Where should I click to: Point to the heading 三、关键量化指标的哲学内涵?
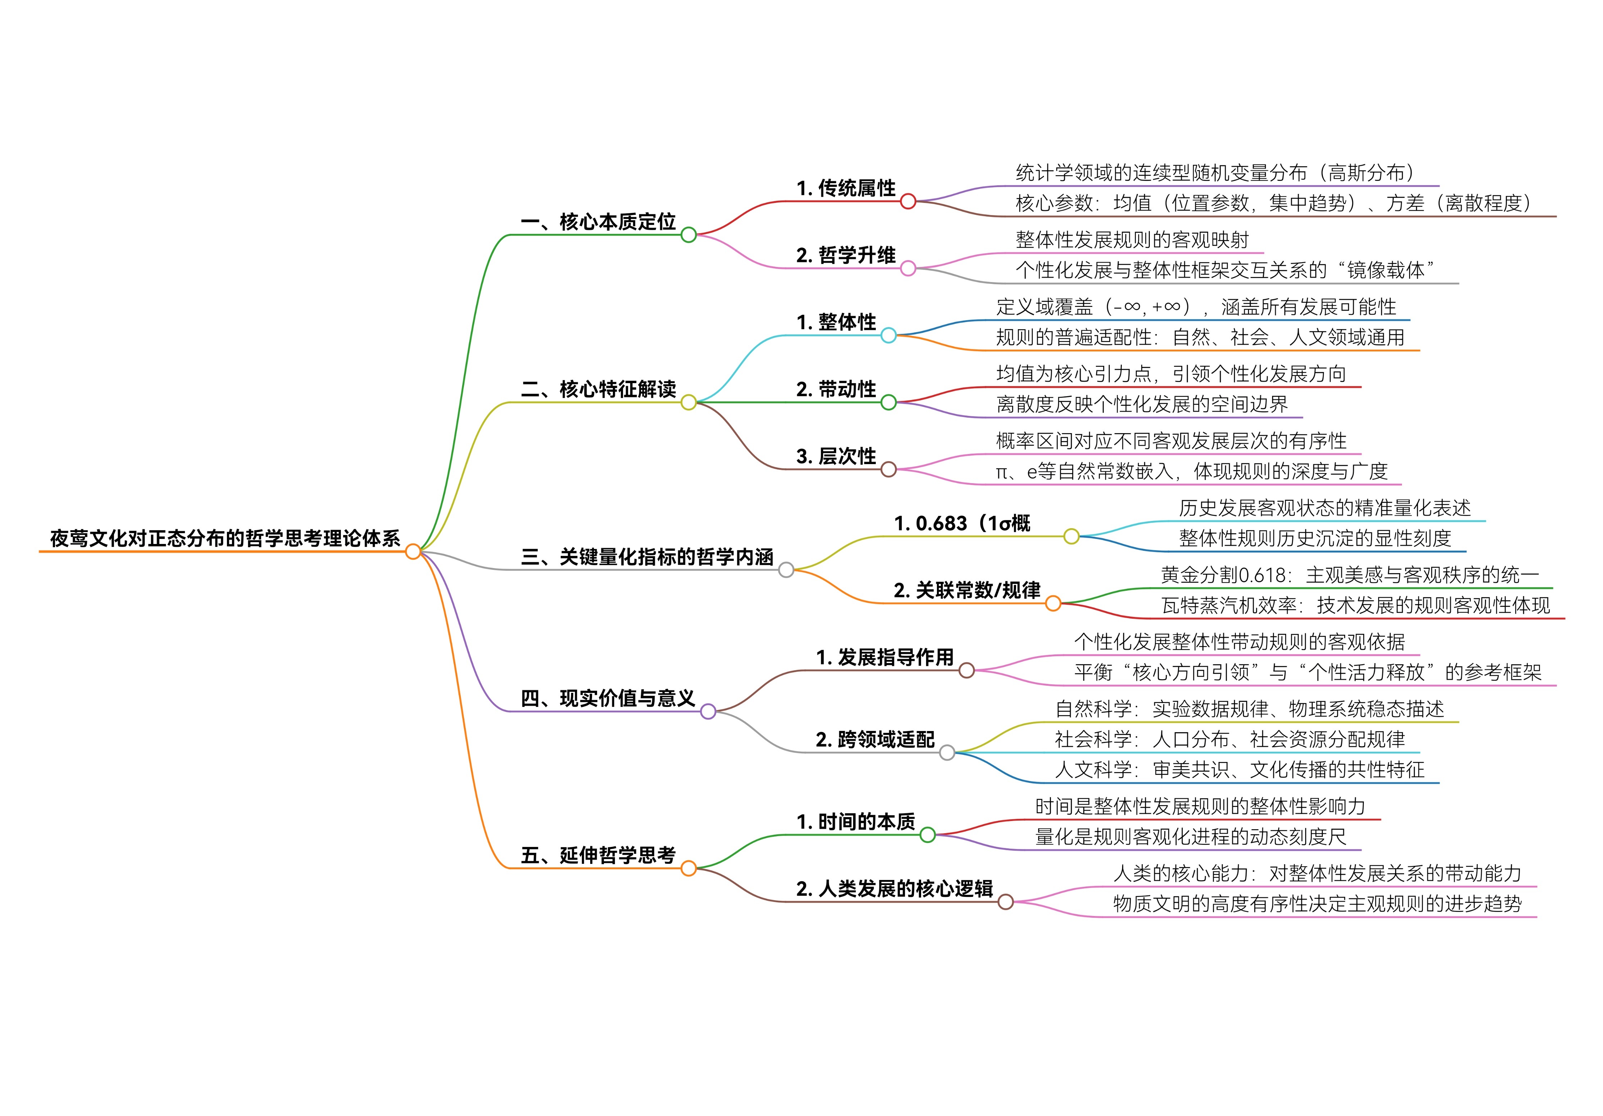coord(647,557)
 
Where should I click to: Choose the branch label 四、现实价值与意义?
coord(607,698)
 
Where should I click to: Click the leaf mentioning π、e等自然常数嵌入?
coord(1191,471)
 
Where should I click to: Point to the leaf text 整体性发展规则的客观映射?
coord(1132,240)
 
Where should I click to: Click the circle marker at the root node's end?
coord(413,552)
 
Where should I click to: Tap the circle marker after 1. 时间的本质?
coord(927,835)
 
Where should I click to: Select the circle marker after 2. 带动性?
coord(888,402)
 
